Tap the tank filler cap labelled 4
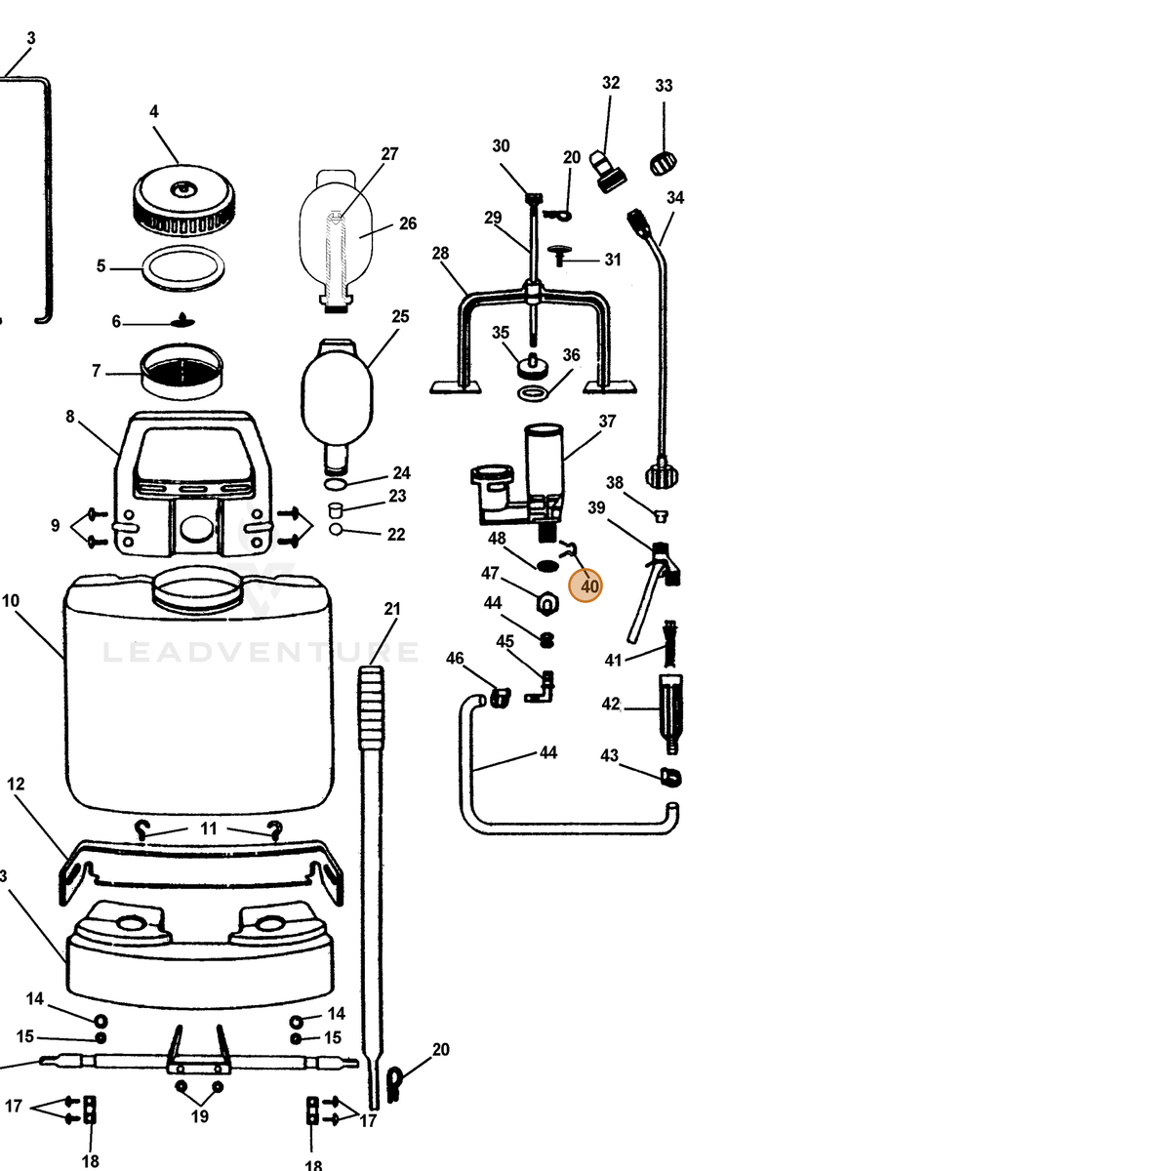coord(183,201)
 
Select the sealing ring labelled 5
coord(182,268)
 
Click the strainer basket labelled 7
coord(182,371)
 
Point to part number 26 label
coord(408,223)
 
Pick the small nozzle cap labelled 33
coord(663,164)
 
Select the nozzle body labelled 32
coord(607,172)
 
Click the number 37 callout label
coord(607,422)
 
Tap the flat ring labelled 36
coord(533,393)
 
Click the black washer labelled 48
coord(547,566)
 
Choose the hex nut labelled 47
coord(546,603)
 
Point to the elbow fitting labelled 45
coord(542,687)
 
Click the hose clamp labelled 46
coord(501,697)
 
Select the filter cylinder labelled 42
coord(670,714)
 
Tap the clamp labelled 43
coord(670,777)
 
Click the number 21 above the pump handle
coord(392,608)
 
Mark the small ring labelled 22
coord(336,529)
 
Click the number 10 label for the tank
coord(11,601)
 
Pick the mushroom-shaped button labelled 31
coord(557,256)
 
